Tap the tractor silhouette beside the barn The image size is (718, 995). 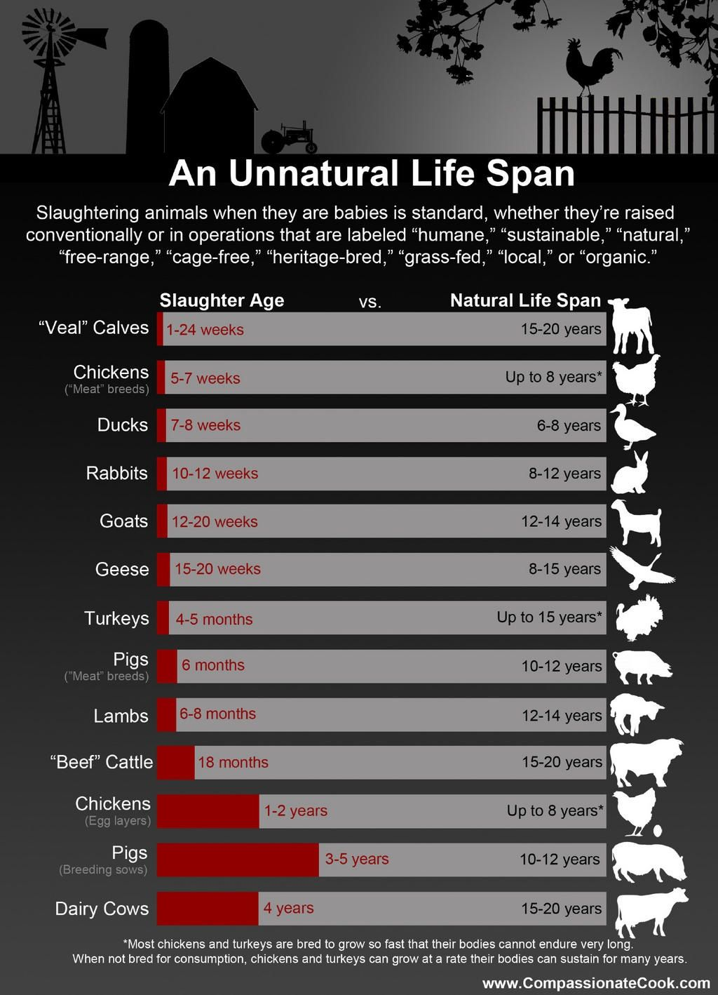coord(288,138)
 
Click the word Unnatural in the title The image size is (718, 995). coord(323,173)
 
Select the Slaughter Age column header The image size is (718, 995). coord(222,300)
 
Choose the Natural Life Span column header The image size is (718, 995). coord(525,300)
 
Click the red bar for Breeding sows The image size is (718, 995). coord(238,860)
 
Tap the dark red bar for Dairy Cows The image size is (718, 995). coord(208,909)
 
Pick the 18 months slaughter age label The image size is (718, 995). coord(233,762)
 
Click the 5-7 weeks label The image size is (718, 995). coord(205,378)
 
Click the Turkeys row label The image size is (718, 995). coord(116,618)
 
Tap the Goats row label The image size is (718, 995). coord(123,521)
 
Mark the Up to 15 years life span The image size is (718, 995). coord(549,617)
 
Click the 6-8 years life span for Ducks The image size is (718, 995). coord(569,425)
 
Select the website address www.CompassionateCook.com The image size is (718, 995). coord(596,983)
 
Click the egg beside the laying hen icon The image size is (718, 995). coord(657,832)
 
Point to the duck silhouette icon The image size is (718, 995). coord(630,426)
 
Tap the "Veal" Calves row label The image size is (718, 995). coord(94,328)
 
